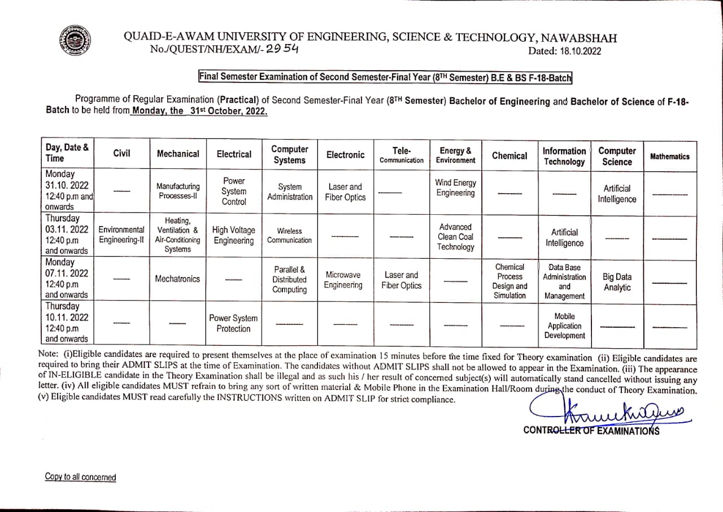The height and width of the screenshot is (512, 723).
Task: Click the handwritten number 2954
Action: click(282, 49)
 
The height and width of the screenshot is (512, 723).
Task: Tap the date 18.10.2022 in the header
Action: click(581, 51)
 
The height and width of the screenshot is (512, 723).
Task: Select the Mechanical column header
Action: click(178, 154)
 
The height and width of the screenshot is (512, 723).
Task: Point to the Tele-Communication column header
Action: click(401, 155)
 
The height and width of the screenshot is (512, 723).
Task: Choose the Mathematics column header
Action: click(670, 157)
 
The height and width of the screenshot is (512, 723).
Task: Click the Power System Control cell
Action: click(234, 192)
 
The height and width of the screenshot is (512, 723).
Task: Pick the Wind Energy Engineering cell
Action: click(455, 188)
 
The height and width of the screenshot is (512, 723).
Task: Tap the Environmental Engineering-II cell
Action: click(121, 235)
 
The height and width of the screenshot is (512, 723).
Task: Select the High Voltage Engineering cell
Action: click(234, 235)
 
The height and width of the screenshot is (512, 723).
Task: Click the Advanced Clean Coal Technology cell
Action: click(455, 237)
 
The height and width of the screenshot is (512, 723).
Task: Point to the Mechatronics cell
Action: click(178, 279)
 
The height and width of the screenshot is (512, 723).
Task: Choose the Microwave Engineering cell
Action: click(343, 280)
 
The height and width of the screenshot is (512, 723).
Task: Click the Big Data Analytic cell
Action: click(617, 282)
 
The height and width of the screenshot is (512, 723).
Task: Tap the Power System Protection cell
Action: click(233, 323)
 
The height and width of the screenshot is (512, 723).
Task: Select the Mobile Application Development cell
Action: click(564, 326)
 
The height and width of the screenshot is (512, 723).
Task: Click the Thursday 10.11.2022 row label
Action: click(67, 323)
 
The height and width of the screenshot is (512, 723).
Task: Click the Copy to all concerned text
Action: click(80, 477)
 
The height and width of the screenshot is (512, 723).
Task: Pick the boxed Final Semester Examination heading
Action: click(385, 77)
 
